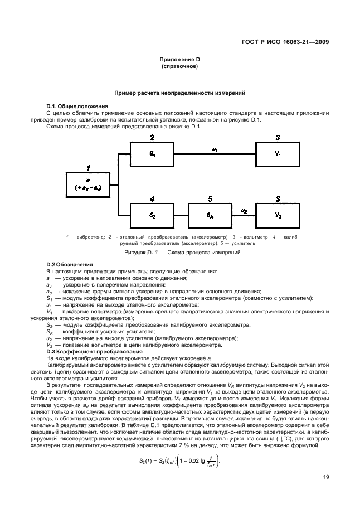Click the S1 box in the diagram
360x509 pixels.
coord(152,153)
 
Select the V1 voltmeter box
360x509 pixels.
coord(278,153)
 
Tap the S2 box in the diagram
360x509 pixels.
coord(152,214)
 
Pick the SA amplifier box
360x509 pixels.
coord(210,214)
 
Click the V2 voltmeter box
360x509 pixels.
coord(278,214)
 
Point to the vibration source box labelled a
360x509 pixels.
coord(88,184)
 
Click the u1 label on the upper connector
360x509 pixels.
coord(215,149)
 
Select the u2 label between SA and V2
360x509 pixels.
coord(244,210)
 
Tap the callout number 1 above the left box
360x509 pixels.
coord(87,167)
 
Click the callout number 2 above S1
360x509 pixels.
coord(152,137)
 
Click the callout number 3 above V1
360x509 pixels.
coord(278,137)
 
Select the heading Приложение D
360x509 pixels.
coord(179,59)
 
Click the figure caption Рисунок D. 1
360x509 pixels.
coord(179,253)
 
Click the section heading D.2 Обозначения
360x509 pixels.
coord(69,264)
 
